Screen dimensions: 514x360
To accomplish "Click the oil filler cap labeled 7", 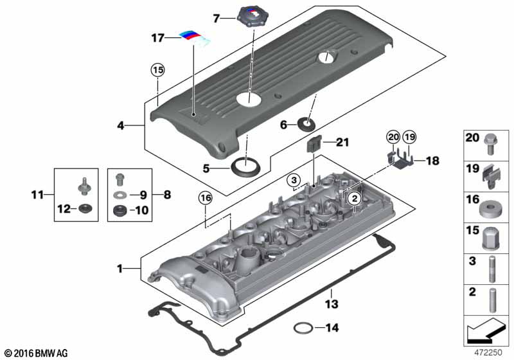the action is [253, 17].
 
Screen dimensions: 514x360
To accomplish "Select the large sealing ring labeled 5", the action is [245, 166].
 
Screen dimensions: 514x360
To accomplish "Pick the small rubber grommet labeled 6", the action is [306, 123].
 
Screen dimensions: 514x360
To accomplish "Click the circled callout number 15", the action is [157, 70].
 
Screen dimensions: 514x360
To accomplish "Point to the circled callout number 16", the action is [206, 198].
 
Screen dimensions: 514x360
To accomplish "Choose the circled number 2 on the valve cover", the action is [355, 199].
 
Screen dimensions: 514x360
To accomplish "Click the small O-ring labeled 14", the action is [302, 328].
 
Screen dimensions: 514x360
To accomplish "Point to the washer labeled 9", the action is [120, 195].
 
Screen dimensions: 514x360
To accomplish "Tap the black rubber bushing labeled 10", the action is [120, 210].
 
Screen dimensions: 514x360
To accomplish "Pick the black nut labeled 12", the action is [86, 208].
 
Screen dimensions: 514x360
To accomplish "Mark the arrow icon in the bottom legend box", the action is [486, 331].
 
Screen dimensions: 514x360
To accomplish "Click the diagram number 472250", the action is [488, 352].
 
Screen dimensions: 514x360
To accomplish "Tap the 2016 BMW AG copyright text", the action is [37, 353].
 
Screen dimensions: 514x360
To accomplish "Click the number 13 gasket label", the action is [332, 303].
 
